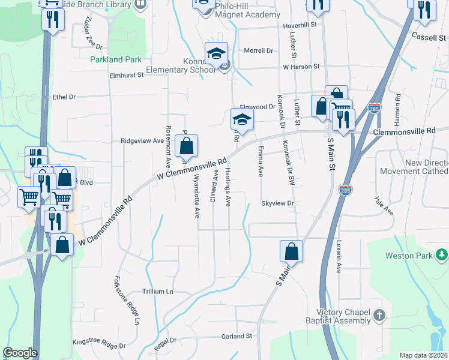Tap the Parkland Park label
click(x=116, y=59)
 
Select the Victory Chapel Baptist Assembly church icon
click(x=378, y=314)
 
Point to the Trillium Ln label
click(x=157, y=291)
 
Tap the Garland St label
click(x=236, y=337)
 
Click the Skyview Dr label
click(x=277, y=203)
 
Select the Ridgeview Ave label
click(x=142, y=141)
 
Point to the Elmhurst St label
click(x=127, y=75)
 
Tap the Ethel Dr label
click(x=64, y=97)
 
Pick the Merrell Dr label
click(x=258, y=50)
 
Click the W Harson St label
click(x=301, y=67)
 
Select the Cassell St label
click(x=427, y=37)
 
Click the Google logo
click(x=20, y=353)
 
